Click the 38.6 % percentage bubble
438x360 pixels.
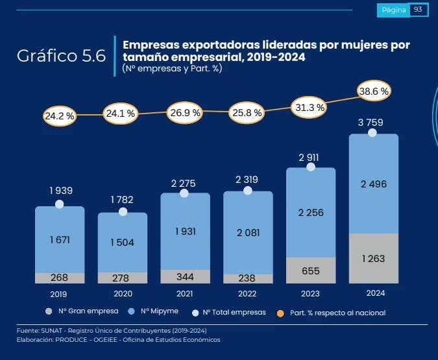click(374, 91)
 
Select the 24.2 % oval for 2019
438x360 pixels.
click(60, 116)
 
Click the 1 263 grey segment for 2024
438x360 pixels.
click(373, 259)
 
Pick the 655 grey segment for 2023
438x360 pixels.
click(310, 271)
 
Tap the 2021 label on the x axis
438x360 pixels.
click(184, 293)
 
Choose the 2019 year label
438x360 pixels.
click(59, 293)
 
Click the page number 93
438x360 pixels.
click(417, 10)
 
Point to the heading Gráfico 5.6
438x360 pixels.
click(61, 56)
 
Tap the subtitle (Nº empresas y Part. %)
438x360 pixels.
click(171, 68)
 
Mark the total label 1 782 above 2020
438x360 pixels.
click(121, 199)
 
